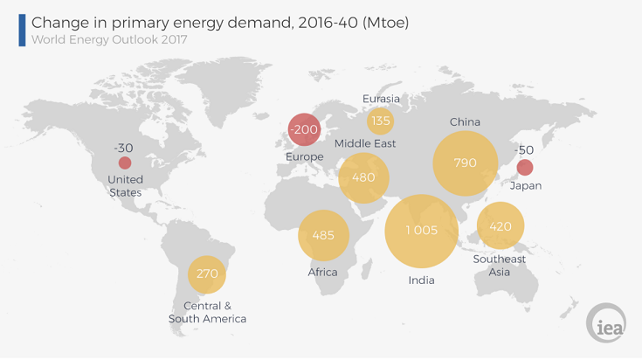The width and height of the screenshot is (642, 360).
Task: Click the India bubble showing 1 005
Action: tap(421, 232)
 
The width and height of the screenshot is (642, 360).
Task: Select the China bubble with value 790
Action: tap(465, 163)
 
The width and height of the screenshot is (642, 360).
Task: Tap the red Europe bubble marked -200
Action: tap(304, 129)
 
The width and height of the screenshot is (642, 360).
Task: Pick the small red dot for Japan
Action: tap(524, 168)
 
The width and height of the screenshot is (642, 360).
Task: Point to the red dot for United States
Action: tap(125, 163)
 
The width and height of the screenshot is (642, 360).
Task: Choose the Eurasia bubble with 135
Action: tap(380, 121)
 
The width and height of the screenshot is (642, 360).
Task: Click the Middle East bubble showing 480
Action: tap(363, 178)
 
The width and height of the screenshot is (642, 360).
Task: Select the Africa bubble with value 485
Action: tap(323, 236)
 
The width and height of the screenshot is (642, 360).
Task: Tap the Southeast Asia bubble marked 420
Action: tap(500, 225)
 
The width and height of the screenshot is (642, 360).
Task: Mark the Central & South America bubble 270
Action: tap(207, 274)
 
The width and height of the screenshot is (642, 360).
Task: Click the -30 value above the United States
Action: tap(123, 148)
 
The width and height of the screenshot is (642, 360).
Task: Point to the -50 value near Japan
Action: tap(524, 150)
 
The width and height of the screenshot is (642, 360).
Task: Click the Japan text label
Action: tap(526, 186)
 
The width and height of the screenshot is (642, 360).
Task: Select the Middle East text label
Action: tap(365, 143)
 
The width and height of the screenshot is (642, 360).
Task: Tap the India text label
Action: tap(421, 280)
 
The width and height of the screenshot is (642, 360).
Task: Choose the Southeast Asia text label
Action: tap(499, 266)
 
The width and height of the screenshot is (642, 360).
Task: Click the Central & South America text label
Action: tap(207, 312)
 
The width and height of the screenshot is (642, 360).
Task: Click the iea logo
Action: tap(606, 323)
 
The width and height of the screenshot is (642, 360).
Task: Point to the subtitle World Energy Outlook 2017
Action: tap(109, 39)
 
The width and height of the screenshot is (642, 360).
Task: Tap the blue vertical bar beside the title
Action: tap(22, 31)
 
